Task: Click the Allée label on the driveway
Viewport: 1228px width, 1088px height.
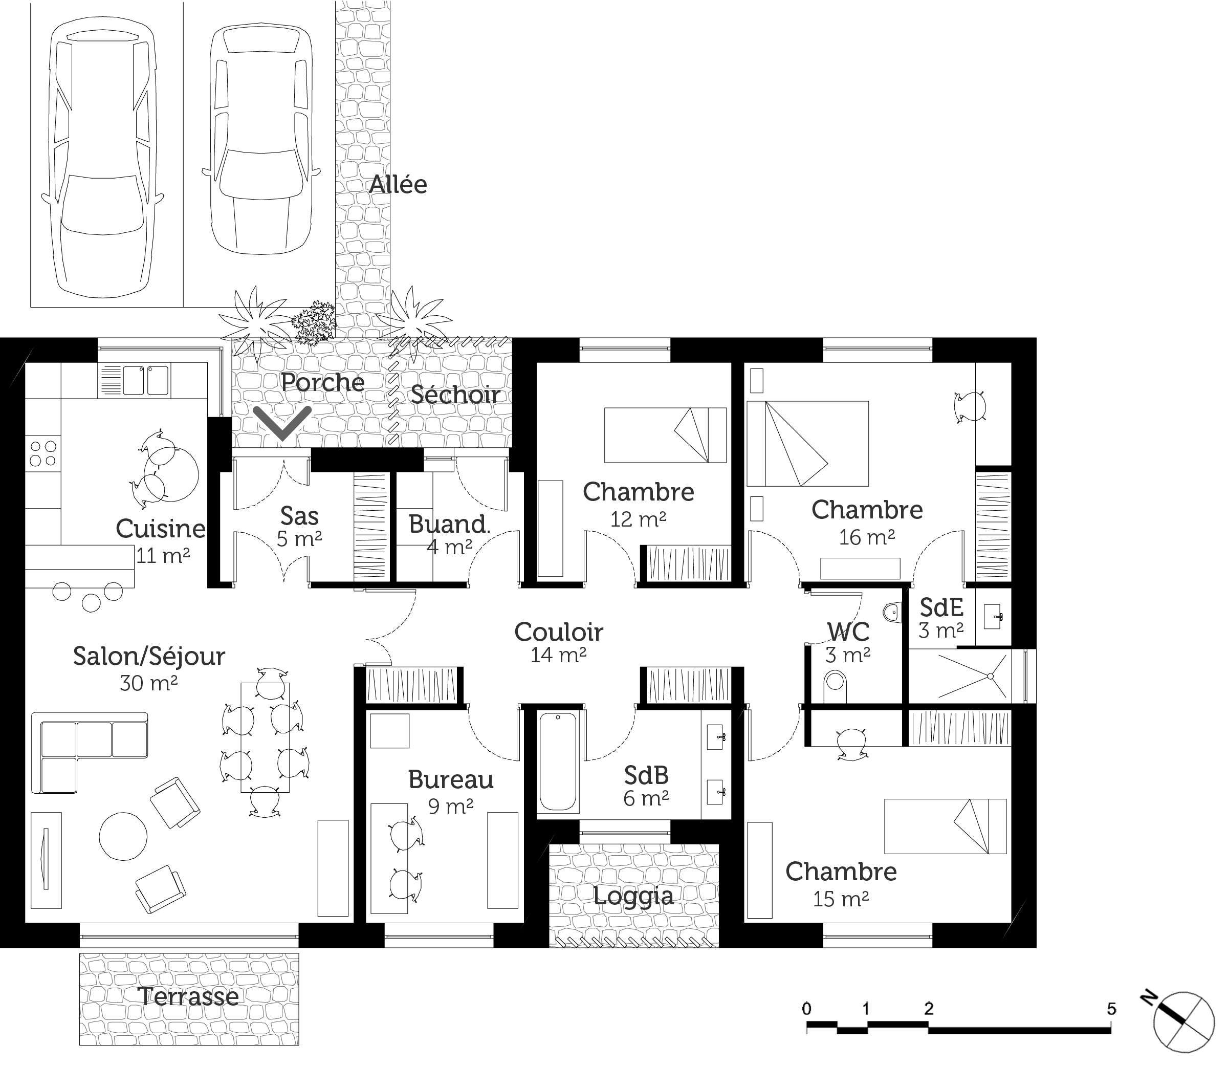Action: tap(398, 184)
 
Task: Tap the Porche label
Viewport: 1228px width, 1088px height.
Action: tap(323, 383)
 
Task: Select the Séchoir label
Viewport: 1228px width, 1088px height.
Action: tap(455, 395)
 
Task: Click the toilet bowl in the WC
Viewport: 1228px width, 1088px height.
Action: tap(835, 686)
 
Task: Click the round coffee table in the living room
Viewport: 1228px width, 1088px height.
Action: tap(123, 836)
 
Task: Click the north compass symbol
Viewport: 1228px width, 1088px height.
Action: tap(1181, 1022)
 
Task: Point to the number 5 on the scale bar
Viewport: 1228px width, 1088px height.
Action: tap(1111, 1009)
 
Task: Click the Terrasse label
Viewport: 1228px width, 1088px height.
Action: tap(189, 997)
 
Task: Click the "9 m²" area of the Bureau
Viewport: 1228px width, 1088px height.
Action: tap(451, 806)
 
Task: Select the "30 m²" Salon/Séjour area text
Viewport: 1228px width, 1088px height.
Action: tap(148, 683)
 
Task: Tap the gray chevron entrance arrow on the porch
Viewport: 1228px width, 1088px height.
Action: tap(282, 423)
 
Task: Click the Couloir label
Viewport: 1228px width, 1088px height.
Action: tap(559, 632)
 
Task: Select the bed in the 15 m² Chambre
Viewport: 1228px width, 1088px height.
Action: tap(945, 826)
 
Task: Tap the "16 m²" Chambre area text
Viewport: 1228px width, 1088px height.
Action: tap(867, 537)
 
